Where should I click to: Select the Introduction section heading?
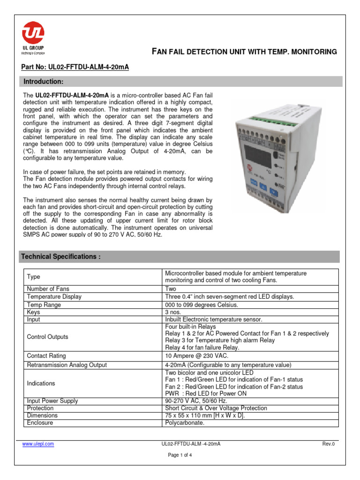point(44,82)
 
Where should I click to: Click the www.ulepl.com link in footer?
point(38,444)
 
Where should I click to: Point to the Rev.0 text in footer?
point(329,444)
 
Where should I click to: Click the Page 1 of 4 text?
point(180,455)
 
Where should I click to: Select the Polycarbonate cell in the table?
point(185,423)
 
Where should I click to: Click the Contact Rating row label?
point(46,356)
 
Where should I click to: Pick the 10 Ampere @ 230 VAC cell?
point(197,356)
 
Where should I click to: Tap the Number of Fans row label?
point(48,289)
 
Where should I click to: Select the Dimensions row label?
point(42,415)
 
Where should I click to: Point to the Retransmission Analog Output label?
point(67,365)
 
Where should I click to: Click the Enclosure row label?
point(40,423)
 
